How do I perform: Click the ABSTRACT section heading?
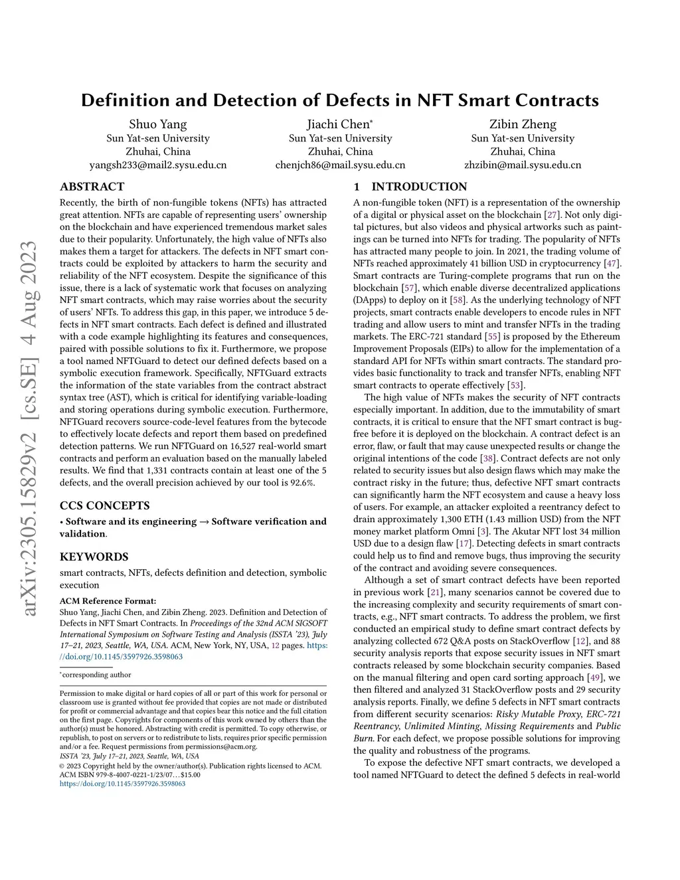tap(92, 187)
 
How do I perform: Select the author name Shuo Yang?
tap(158, 124)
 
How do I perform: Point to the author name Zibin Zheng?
tap(523, 124)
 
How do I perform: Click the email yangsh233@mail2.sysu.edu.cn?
tap(158, 165)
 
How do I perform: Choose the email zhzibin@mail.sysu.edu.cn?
tap(523, 165)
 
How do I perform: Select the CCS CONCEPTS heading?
tap(105, 505)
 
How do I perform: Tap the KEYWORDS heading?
tap(94, 557)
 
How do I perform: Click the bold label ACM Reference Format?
tap(108, 601)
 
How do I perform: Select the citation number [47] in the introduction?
tap(612, 264)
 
